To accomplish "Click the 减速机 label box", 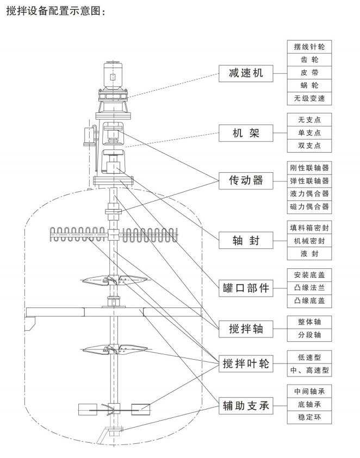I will point(246,73).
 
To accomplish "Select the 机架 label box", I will point(246,132).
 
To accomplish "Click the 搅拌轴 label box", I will point(246,328).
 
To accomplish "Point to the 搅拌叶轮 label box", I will point(246,364).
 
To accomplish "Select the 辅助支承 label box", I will point(246,405).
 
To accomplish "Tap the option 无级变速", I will point(309,98).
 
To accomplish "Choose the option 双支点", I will point(309,145).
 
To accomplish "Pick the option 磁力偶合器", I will point(309,206).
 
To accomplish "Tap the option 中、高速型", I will point(309,371).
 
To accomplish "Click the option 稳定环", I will point(309,418).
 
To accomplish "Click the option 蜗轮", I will point(309,85).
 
